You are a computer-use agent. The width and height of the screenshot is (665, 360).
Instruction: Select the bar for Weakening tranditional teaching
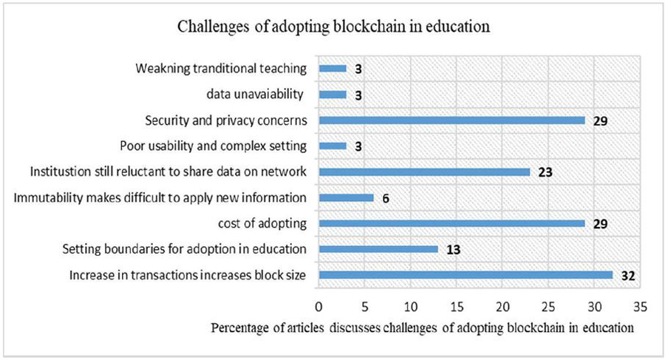pos(332,69)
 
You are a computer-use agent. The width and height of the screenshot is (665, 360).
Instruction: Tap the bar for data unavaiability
pos(332,95)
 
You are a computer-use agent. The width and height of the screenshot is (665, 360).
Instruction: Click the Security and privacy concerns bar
pos(451,120)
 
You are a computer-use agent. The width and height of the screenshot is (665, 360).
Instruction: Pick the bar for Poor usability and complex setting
pos(332,146)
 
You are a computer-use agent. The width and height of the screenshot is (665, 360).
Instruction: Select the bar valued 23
pos(424,171)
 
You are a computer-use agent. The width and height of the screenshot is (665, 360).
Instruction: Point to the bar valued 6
pos(346,197)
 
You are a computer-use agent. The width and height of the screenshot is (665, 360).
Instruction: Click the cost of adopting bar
pos(451,223)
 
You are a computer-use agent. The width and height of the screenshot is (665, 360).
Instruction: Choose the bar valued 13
pos(378,249)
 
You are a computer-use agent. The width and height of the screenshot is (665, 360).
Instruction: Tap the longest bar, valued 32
pos(465,275)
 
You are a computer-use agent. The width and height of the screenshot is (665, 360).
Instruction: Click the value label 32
pos(629,276)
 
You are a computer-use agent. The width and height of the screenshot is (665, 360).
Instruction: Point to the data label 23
pos(545,172)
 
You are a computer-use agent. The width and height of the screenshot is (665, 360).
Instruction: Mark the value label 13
pos(453,250)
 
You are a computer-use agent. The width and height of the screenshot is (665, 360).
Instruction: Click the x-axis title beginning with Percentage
pos(423,327)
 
